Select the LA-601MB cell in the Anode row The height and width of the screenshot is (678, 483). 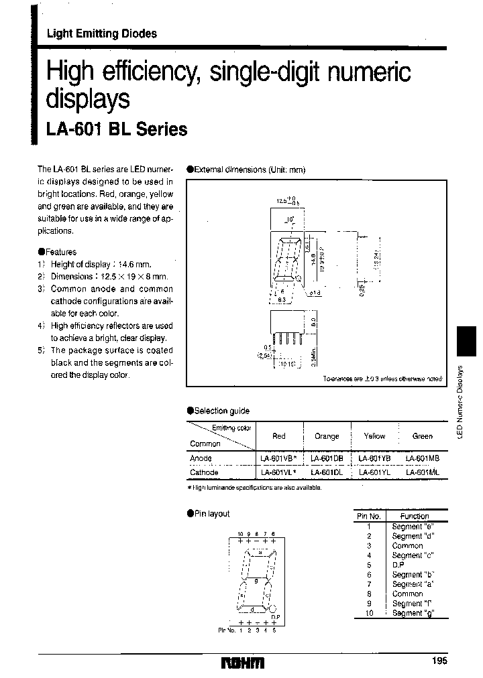(423, 458)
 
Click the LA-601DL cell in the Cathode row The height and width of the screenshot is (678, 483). (327, 472)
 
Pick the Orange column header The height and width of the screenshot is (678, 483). (327, 436)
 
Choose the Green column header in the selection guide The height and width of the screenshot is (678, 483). (423, 436)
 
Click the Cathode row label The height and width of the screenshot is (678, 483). (204, 472)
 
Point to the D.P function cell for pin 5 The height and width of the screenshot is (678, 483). (398, 565)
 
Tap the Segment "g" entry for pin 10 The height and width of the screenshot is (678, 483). (408, 613)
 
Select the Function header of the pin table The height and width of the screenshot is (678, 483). (415, 516)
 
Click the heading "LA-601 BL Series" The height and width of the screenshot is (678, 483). (116, 130)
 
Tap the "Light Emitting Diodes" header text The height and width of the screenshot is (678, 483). (101, 34)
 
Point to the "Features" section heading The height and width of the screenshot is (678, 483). (61, 252)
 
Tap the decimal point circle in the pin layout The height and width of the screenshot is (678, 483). (274, 609)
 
